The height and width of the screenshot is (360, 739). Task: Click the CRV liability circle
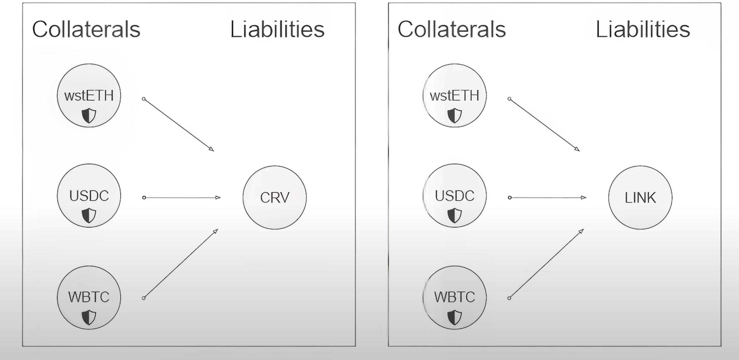coord(275,197)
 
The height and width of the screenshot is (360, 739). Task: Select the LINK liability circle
coord(640,197)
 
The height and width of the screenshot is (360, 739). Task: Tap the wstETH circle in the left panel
coord(89,95)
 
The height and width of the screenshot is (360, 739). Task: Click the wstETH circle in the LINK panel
coord(455,95)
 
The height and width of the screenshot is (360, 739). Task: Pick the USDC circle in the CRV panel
coord(89,196)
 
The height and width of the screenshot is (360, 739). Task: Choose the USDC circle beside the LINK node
coord(455,196)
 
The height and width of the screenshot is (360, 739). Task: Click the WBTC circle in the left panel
coord(89,297)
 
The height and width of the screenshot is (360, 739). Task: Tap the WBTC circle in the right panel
coord(455,297)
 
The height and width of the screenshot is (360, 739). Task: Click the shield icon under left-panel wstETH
coord(89,116)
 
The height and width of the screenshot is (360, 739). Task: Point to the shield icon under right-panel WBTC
coord(455,318)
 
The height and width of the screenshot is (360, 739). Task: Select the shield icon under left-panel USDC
coord(89,216)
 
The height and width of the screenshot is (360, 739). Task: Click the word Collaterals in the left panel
coord(86,29)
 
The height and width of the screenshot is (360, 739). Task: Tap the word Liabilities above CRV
coord(277,29)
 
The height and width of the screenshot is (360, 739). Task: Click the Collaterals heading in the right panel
coord(452,29)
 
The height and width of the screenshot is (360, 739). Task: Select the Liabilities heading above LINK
coord(643,29)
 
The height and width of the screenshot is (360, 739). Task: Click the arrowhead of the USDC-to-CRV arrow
coord(218,197)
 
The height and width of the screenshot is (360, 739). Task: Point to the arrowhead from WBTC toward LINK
coord(581,231)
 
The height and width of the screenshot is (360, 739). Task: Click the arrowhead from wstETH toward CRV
coord(211,149)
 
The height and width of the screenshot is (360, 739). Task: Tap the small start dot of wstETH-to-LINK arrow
coord(509,99)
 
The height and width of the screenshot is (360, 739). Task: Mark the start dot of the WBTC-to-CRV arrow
coord(144,298)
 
